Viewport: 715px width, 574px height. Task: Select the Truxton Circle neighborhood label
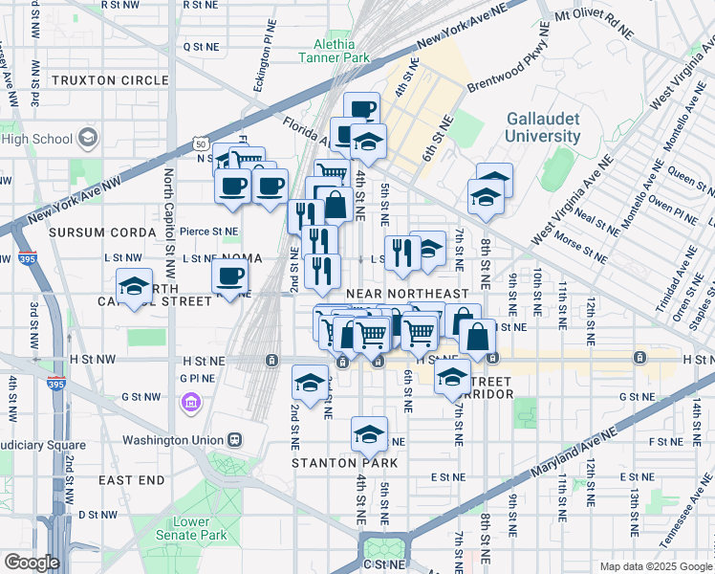[97, 80]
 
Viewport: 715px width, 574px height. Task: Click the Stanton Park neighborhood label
[331, 462]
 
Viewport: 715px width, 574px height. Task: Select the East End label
[131, 479]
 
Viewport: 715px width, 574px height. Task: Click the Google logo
[31, 563]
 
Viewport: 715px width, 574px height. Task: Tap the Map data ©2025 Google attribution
[655, 566]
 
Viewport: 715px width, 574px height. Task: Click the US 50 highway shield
[200, 143]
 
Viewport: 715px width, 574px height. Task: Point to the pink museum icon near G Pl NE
[189, 400]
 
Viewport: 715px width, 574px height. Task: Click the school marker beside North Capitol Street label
[135, 285]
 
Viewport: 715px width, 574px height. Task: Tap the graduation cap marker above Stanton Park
[369, 435]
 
